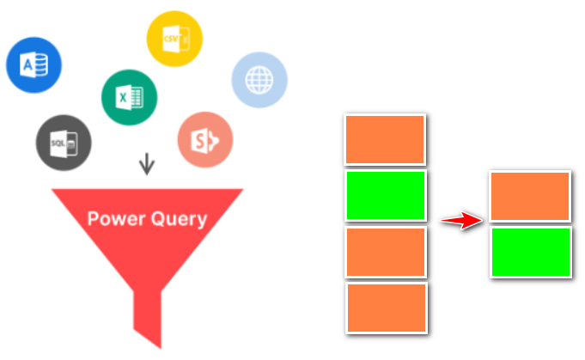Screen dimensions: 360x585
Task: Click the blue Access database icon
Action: [34, 64]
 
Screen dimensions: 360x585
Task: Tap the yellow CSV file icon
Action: [174, 39]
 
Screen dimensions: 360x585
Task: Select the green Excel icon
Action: [129, 97]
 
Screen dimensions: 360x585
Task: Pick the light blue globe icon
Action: [259, 80]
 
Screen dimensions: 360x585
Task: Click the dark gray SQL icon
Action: [64, 143]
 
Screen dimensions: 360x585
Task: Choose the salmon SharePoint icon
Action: [205, 140]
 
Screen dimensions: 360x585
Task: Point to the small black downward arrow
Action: [147, 163]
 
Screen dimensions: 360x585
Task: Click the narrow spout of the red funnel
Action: [147, 318]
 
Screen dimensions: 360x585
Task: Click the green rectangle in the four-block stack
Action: [386, 195]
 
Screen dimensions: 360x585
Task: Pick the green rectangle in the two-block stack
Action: [531, 252]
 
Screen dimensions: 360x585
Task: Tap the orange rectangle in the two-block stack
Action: [531, 196]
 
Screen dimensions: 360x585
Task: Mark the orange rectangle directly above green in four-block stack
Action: [386, 139]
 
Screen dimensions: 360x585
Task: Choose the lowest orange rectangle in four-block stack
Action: [386, 307]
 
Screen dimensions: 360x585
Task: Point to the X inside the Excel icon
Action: [124, 97]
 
